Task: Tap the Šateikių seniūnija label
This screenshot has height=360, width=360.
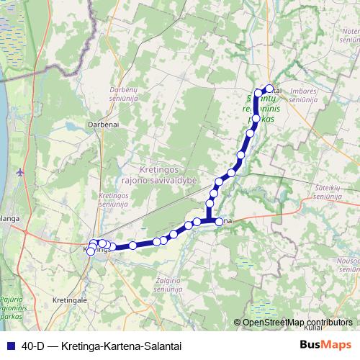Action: (x=332, y=192)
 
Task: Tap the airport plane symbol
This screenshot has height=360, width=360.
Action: (x=19, y=172)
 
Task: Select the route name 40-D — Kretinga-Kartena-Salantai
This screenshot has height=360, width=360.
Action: (x=101, y=345)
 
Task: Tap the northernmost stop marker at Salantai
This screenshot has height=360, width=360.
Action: (x=270, y=89)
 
